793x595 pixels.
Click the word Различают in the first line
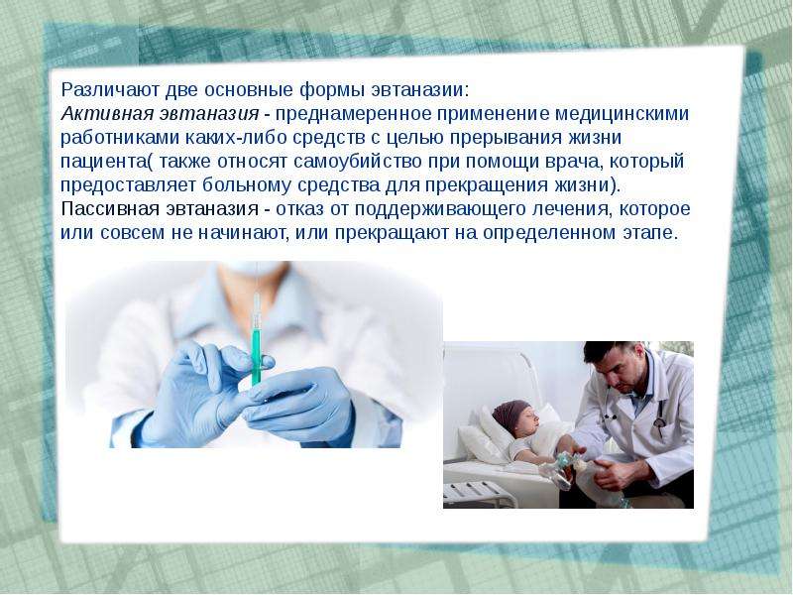pos(105,90)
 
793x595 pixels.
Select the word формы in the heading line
pos(332,91)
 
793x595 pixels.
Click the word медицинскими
pos(623,114)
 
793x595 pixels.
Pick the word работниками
pos(120,138)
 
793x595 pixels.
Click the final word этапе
pos(646,233)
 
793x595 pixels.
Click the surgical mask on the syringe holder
pos(255,269)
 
